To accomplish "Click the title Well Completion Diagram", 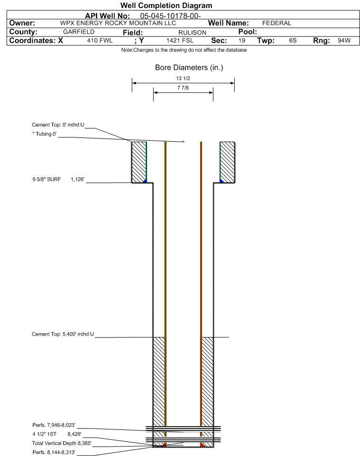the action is pos(166,6).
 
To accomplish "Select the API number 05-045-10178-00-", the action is pos(171,16).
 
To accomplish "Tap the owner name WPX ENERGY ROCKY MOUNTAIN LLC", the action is pos(118,23).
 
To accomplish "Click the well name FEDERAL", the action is pos(277,23).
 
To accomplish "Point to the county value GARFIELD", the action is pos(79,32).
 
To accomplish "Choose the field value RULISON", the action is pos(193,33).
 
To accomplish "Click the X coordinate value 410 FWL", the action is pos(100,40).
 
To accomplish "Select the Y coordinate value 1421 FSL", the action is pos(180,40).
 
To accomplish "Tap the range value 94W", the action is pos(344,40).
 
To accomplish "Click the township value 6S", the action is pos(293,40).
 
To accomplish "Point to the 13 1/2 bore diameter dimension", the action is pos(183,78).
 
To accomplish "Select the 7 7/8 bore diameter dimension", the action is pos(183,88).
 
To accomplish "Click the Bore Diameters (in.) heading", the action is pos(189,68).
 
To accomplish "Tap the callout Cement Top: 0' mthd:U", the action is pos(58,125).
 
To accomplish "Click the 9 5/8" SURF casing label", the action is pos(46,179).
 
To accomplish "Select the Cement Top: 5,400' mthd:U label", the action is pos(63,334).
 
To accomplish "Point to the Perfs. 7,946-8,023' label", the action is pos(54,425).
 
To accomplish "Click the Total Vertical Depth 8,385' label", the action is pos(62,443).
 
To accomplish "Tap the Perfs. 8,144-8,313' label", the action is pos(54,452).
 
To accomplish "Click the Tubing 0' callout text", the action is pos(45,134).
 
